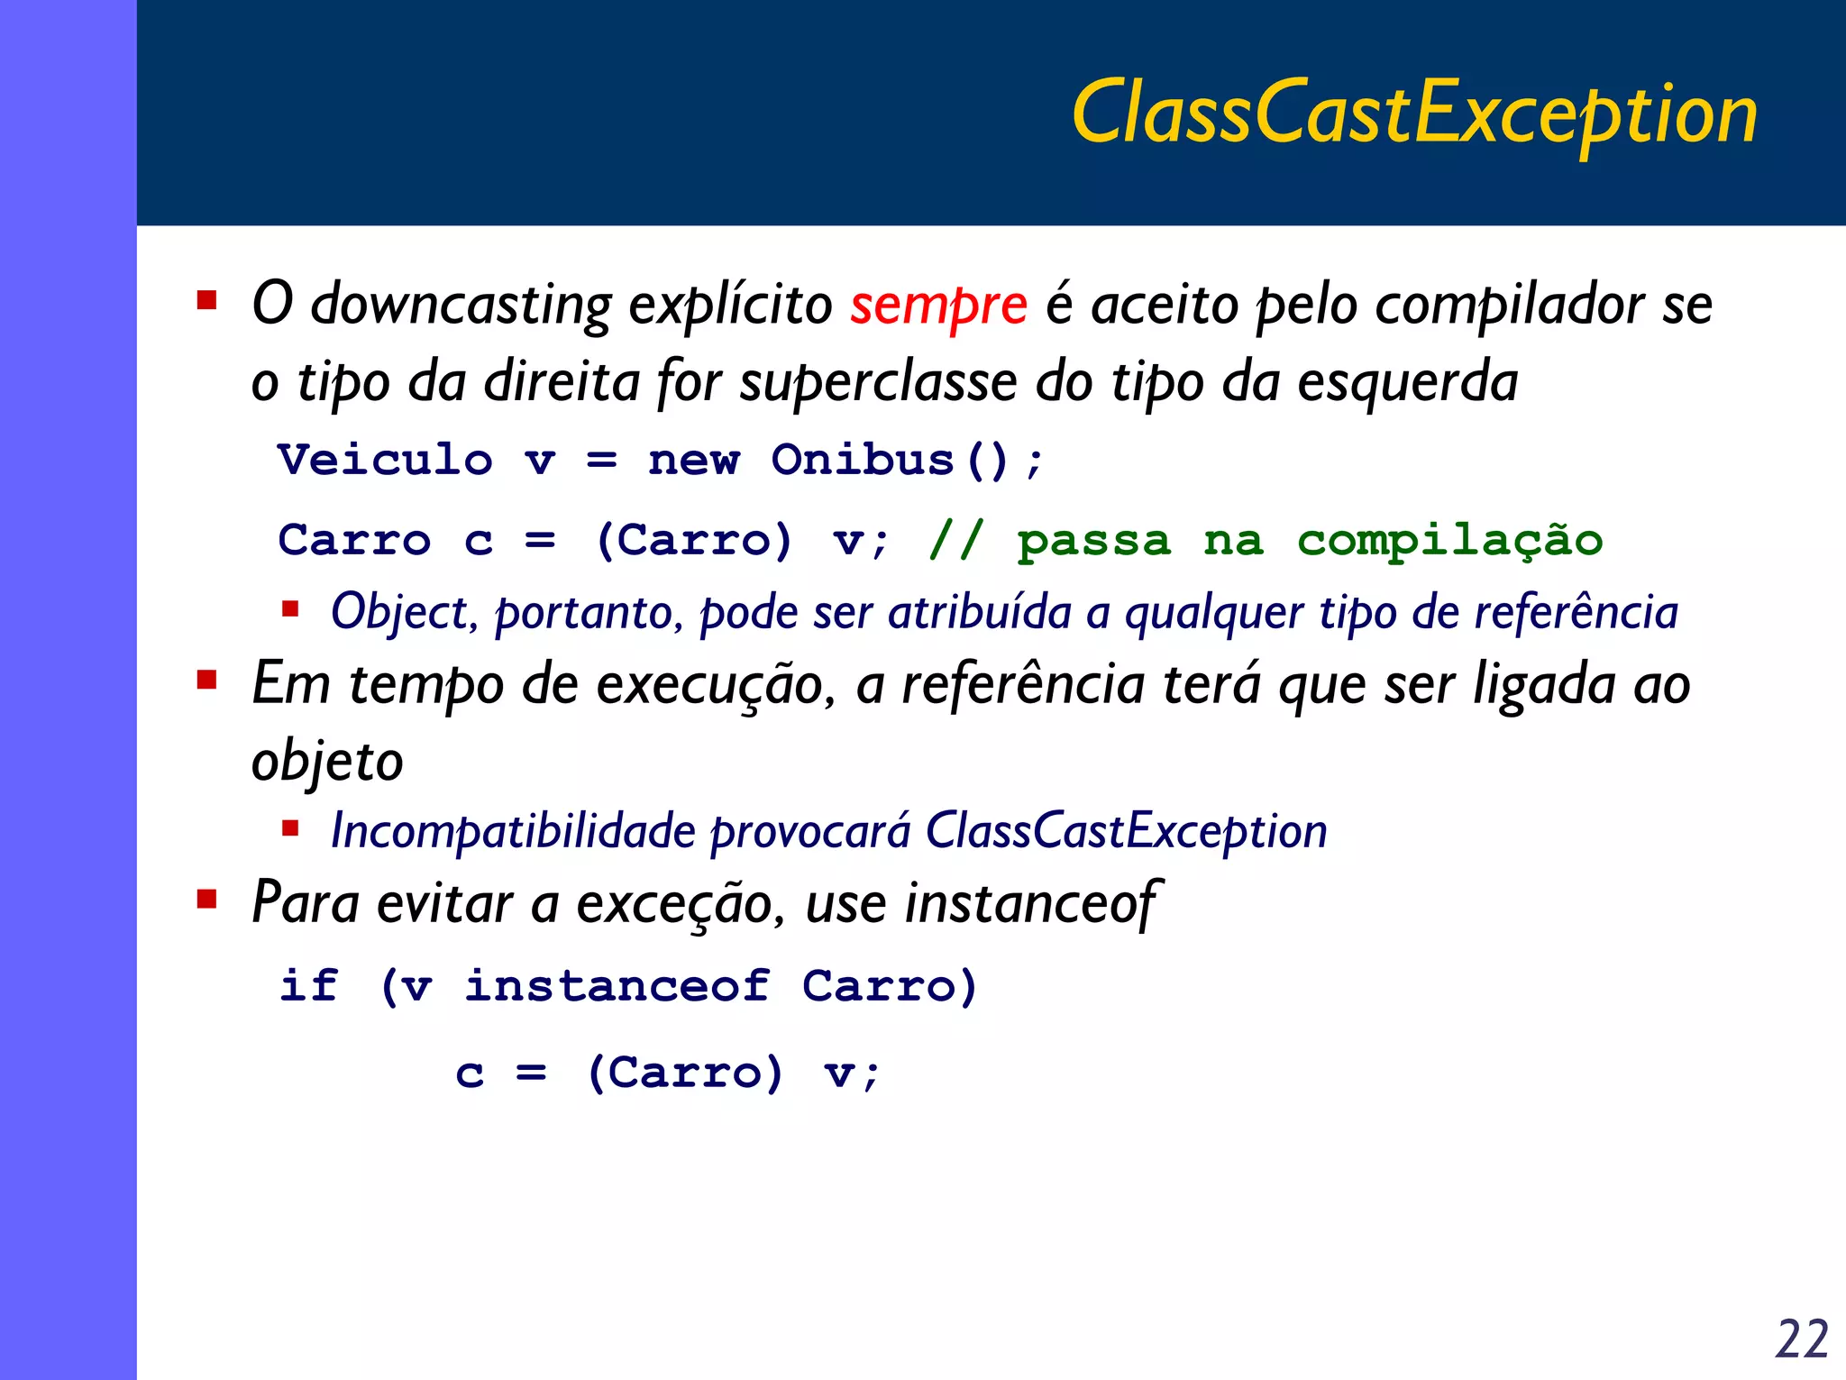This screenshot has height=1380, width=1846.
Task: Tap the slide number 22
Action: (1800, 1339)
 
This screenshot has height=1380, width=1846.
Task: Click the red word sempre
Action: (937, 305)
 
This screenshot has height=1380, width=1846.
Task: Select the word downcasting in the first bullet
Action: (461, 305)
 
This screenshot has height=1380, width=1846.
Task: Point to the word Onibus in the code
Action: (863, 460)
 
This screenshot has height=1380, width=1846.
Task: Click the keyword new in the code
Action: (693, 460)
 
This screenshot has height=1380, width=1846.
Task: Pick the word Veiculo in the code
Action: (386, 460)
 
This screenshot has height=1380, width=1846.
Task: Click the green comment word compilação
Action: (1449, 541)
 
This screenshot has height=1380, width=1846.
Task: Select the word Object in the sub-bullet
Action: (398, 613)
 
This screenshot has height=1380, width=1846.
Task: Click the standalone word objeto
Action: (326, 763)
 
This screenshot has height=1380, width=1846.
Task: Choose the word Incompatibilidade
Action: (513, 831)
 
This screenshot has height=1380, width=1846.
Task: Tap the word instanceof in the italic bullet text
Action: (1029, 903)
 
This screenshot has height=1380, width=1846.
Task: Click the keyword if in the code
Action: (309, 985)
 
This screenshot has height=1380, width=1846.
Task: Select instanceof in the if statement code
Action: (617, 985)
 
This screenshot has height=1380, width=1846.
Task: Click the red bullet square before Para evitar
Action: (207, 899)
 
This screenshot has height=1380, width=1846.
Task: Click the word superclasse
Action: (878, 382)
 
